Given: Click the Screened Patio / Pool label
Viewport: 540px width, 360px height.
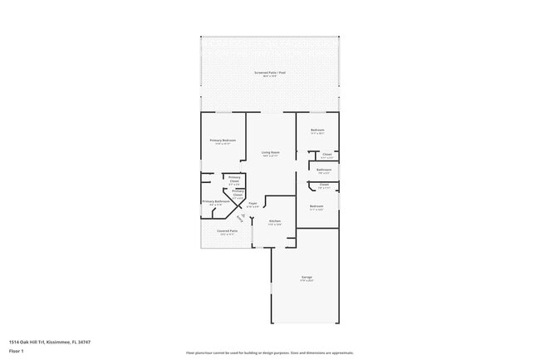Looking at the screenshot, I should (x=270, y=73).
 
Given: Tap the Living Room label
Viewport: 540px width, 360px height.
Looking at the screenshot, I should (x=270, y=152).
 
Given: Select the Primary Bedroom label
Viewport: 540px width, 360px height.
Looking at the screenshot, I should (x=223, y=140).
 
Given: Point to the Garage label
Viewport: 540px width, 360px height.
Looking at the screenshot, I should (x=307, y=277).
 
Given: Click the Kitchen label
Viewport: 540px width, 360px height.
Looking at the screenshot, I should (x=274, y=220).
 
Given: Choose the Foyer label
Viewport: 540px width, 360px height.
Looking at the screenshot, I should (x=253, y=203).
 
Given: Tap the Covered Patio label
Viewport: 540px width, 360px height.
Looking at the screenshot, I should (x=228, y=231).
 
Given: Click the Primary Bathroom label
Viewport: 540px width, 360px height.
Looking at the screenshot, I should (x=216, y=200).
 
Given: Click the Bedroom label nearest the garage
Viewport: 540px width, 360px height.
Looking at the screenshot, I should (x=317, y=206).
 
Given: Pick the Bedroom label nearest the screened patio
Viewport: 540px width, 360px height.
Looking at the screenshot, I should (x=317, y=130).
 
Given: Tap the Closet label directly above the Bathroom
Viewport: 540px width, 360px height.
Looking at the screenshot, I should (x=326, y=154).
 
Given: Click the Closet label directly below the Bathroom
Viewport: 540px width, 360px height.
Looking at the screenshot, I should (x=324, y=185).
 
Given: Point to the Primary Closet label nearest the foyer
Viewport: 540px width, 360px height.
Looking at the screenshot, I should (x=238, y=191).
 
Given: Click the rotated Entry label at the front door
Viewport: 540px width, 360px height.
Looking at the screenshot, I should (x=243, y=218).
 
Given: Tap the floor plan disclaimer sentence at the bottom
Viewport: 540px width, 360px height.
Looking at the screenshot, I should (x=270, y=353).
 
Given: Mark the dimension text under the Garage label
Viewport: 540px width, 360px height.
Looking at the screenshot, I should (x=307, y=281).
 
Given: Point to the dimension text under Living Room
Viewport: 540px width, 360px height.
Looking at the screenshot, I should (x=270, y=156).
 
